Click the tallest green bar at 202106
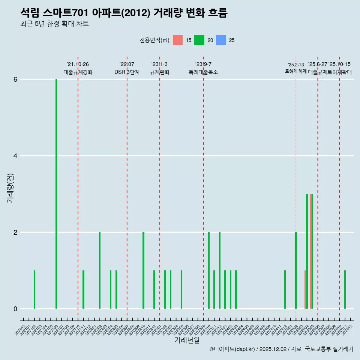56,194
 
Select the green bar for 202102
34,289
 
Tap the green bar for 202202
100,270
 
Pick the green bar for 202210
143,270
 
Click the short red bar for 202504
305,289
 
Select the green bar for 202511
345,289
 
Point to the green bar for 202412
285,289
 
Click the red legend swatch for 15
178,40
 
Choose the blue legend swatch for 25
221,40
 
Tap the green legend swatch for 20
199,40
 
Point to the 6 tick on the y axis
15,79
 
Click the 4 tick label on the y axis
15,156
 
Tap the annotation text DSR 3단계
127,72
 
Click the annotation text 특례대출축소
203,72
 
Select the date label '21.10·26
78,64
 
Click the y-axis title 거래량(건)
10,188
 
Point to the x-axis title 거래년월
187,340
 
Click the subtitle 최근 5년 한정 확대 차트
54,24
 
